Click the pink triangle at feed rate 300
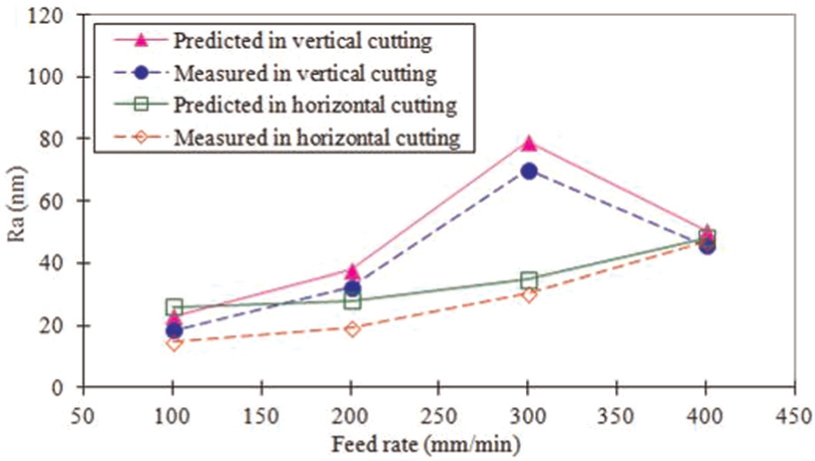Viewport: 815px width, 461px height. pos(529,143)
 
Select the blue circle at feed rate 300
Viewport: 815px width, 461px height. pos(529,171)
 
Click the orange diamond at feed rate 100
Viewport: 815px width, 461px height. pos(174,343)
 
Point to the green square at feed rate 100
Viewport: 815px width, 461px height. pos(174,306)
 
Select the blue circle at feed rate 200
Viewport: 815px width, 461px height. pos(352,288)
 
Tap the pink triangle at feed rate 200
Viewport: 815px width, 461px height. pos(352,272)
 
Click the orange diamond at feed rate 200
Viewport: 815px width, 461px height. pos(352,329)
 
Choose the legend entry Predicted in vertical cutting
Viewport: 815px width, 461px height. pos(273,41)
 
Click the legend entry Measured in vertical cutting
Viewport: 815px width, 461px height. pos(273,73)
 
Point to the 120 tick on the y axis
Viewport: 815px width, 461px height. pos(80,14)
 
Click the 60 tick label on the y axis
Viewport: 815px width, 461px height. pos(51,201)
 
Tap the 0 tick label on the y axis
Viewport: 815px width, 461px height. pos(57,388)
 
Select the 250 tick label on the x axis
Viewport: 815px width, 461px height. pos(439,416)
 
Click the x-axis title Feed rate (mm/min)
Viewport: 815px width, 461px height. pos(426,445)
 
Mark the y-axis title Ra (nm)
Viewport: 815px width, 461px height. pos(16,204)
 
